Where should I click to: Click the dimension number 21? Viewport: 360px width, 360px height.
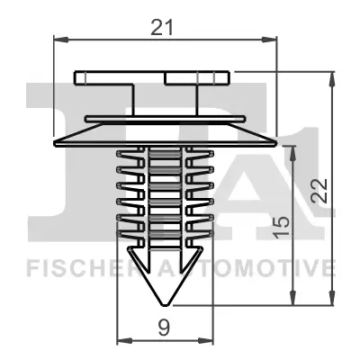pyautogui.click(x=163, y=27)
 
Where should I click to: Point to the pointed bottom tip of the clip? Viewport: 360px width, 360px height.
pyautogui.click(x=164, y=307)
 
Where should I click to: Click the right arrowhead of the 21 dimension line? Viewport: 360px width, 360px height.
pyautogui.click(x=270, y=39)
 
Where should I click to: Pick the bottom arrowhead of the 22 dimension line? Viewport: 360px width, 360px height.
pyautogui.click(x=334, y=302)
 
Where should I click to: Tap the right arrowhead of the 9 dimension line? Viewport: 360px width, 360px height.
pyautogui.click(x=206, y=340)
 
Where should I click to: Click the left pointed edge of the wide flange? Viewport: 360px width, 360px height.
pyautogui.click(x=57, y=144)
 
